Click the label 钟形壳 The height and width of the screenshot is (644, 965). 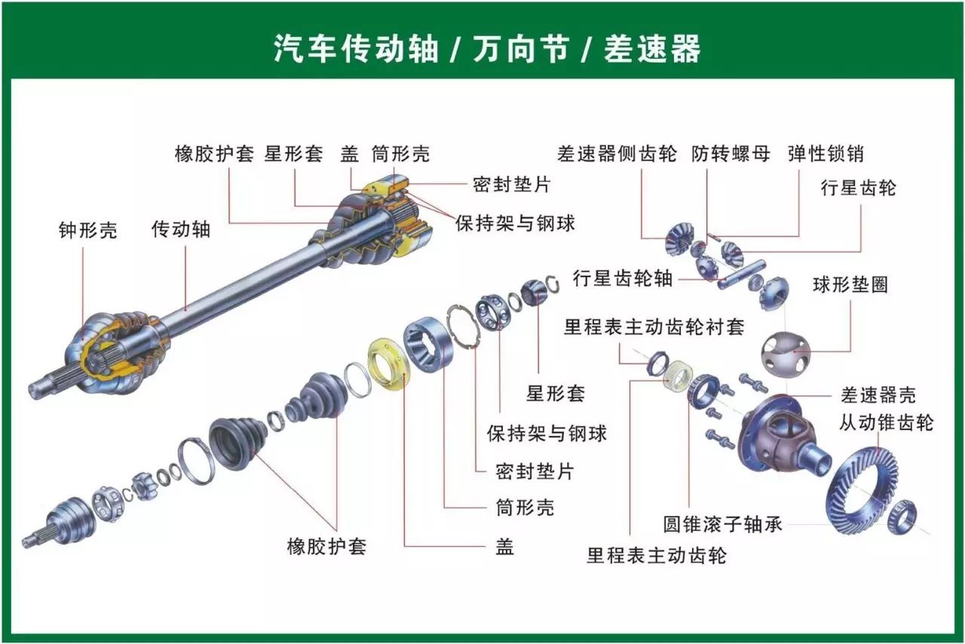coord(88,230)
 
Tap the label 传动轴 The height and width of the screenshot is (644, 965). coord(181,229)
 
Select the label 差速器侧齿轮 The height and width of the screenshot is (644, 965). coord(617,154)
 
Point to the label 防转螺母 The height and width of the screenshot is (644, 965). coord(731,154)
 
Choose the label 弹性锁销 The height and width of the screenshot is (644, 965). coord(826,154)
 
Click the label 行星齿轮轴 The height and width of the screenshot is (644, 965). coord(622,278)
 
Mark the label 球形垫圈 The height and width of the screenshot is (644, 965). coord(850,284)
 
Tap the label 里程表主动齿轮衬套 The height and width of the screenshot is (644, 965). coord(654,327)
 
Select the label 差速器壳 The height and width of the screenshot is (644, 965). coord(878,394)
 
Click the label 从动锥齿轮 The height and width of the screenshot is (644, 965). coord(886,422)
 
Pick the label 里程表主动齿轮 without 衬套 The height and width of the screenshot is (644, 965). coord(656,557)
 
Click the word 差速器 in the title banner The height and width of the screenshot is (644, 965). coord(652,49)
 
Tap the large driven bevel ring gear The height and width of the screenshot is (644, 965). coord(862,490)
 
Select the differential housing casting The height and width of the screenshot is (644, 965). coord(784,434)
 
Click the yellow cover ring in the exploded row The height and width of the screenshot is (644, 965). coord(388,365)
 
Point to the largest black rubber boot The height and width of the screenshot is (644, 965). coord(237,440)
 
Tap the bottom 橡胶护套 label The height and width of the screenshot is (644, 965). coord(326,546)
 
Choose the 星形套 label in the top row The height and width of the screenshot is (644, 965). coord(293,154)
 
